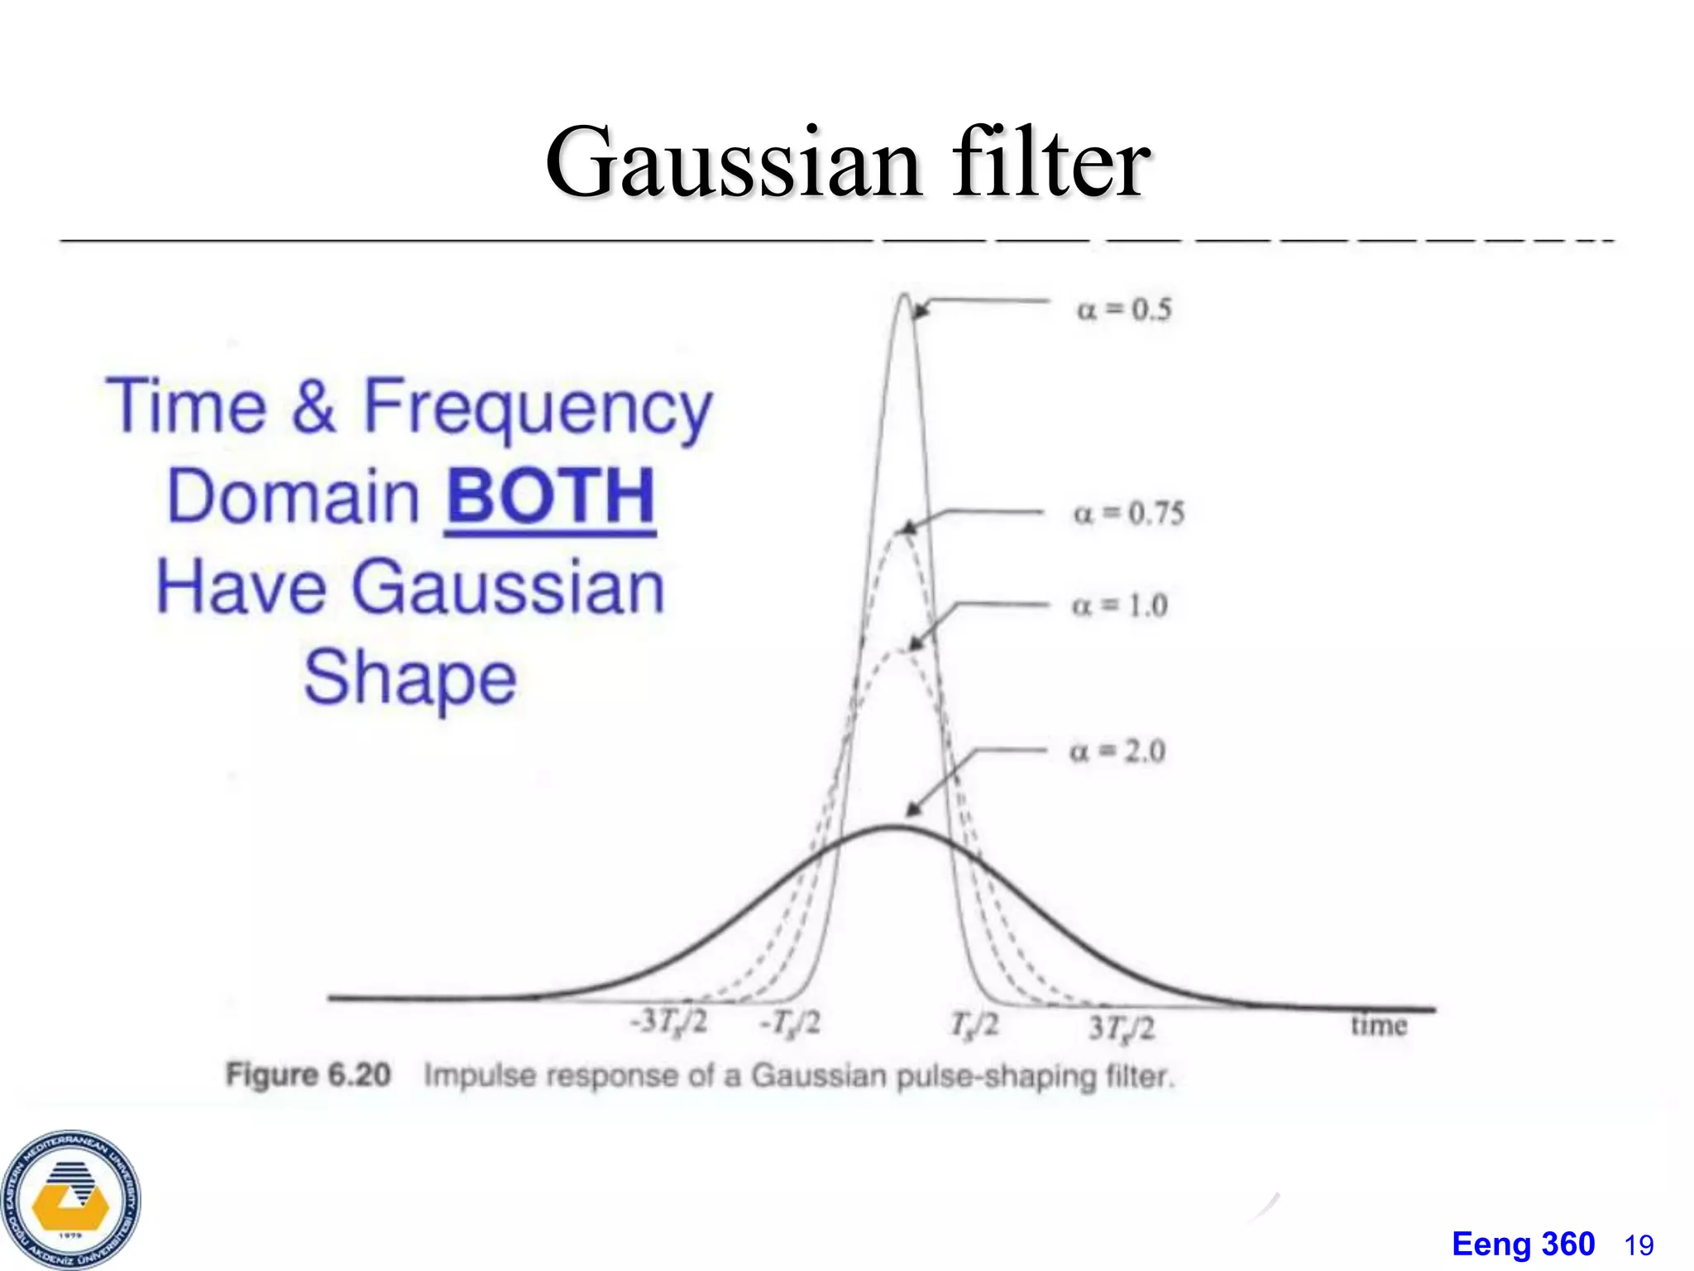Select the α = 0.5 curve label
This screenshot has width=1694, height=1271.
click(x=1124, y=309)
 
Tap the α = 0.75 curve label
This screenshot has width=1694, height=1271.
click(x=1128, y=513)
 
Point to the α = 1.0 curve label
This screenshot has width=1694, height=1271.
click(x=1120, y=606)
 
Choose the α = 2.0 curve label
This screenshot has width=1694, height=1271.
click(x=1117, y=751)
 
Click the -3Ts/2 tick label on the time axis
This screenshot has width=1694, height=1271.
click(x=669, y=1023)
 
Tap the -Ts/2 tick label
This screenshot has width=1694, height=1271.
click(x=791, y=1024)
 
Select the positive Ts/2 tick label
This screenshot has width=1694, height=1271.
click(x=974, y=1026)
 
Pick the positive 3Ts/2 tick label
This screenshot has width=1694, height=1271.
click(x=1122, y=1029)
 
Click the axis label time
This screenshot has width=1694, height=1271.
click(x=1379, y=1026)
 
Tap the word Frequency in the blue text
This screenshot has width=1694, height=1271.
click(x=538, y=407)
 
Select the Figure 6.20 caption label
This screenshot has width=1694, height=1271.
click(x=309, y=1075)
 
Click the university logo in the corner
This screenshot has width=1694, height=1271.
click(x=70, y=1200)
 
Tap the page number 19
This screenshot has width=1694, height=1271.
click(x=1639, y=1245)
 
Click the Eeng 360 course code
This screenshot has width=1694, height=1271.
click(x=1523, y=1245)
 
